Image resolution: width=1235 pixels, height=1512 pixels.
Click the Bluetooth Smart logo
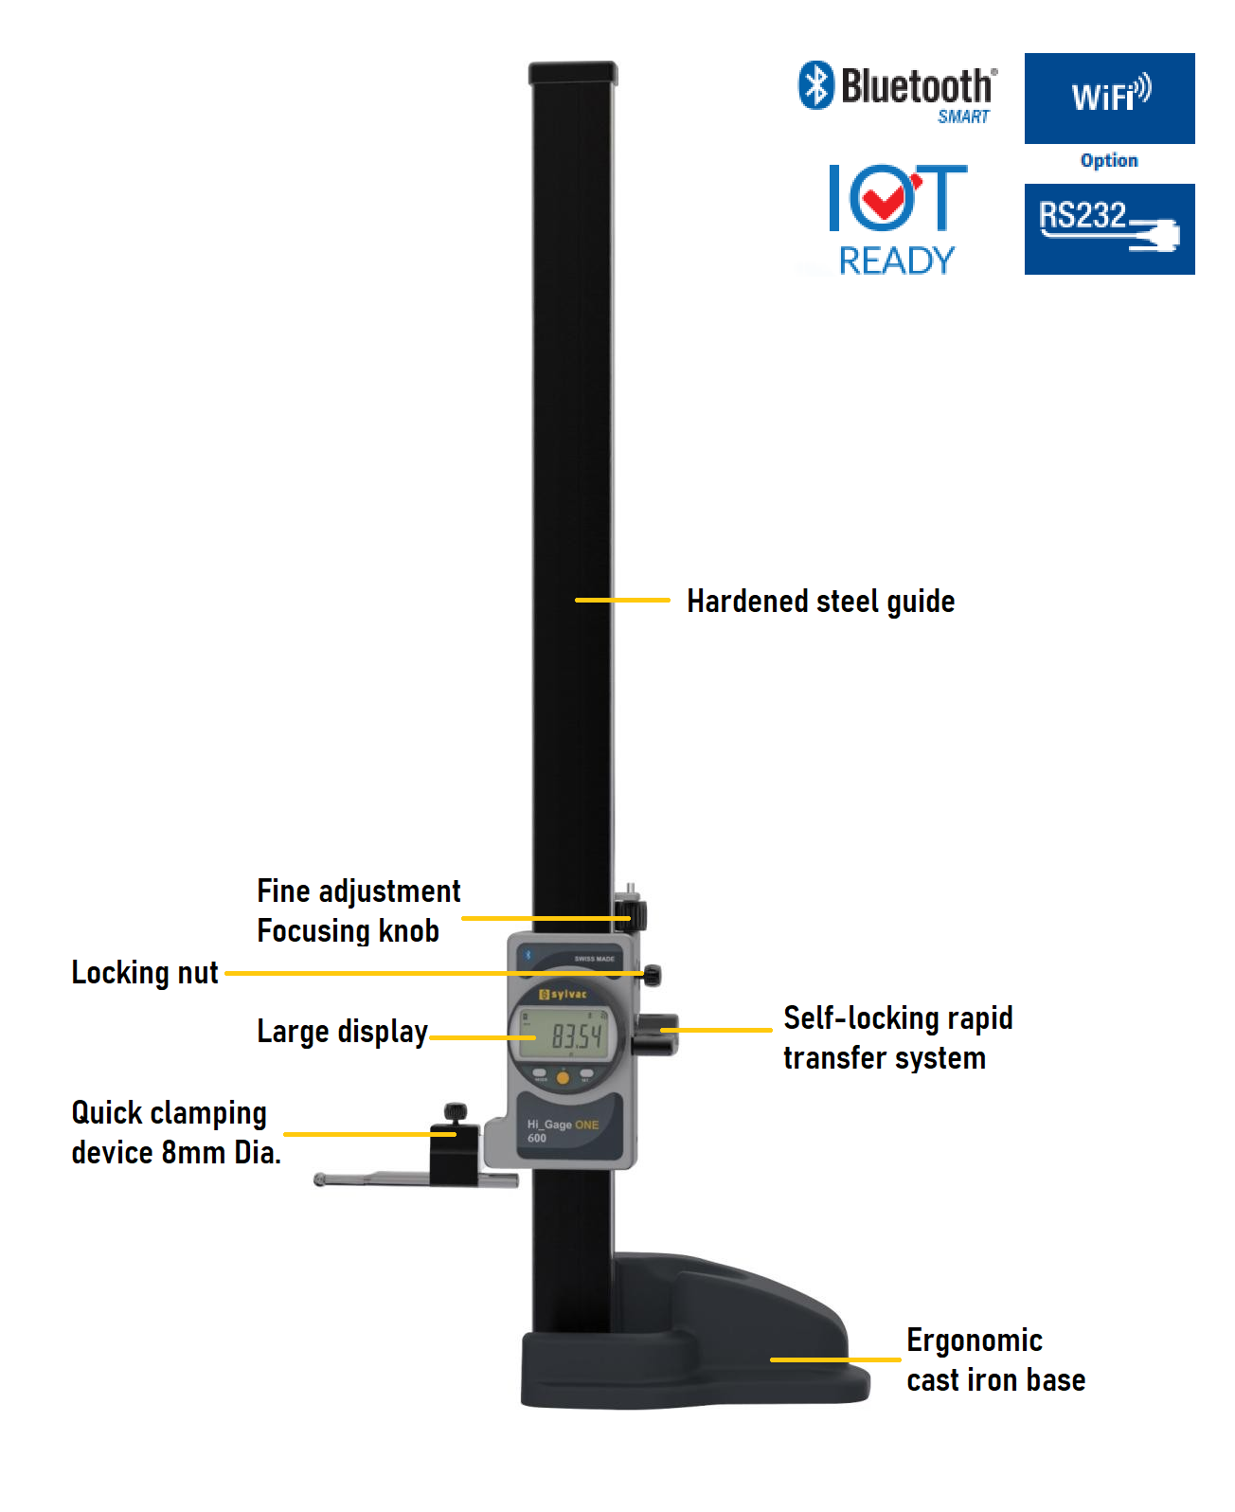897,92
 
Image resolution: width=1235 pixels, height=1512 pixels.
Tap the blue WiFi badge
1109,99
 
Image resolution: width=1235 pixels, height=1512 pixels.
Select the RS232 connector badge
1109,228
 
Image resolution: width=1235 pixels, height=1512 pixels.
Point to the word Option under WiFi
1109,160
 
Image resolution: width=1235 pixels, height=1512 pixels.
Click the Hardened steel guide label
820,602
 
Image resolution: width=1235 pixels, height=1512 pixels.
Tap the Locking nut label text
145,973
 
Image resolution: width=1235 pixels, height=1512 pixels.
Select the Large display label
342,1032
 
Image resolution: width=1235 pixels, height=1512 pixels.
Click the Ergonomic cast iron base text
994,1360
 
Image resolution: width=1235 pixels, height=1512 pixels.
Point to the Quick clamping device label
175,1133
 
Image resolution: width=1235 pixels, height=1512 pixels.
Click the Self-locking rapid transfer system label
897,1038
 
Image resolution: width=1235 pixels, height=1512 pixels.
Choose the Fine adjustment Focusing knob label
358,911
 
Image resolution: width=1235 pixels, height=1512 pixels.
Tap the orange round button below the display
563,1077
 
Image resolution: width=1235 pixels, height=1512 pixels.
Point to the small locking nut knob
653,975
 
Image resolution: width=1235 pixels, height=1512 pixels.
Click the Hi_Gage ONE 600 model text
562,1131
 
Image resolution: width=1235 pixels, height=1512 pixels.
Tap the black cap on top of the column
573,72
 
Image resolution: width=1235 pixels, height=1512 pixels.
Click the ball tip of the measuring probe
320,1180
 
